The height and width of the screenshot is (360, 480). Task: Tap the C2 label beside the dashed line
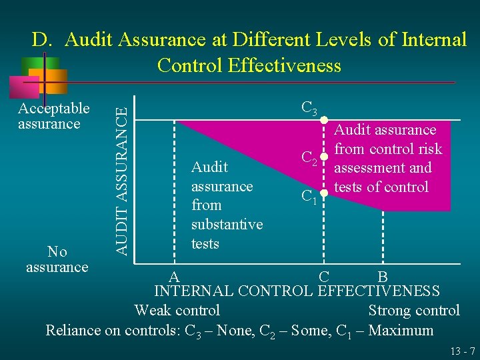(308, 159)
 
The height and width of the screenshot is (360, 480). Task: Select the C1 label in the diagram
(308, 197)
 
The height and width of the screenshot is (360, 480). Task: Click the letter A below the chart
(173, 276)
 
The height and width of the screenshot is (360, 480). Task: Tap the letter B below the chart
(383, 277)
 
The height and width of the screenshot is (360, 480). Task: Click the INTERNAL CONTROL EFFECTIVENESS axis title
(297, 291)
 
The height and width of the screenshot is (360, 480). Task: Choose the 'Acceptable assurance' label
(53, 116)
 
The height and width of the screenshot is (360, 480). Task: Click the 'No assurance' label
(57, 259)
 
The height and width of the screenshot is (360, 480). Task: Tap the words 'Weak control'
(177, 311)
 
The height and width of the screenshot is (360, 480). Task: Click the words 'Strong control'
(413, 311)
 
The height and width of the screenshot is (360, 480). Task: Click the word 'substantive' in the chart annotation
(227, 225)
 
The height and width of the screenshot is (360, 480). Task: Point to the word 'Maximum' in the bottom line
(401, 331)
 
